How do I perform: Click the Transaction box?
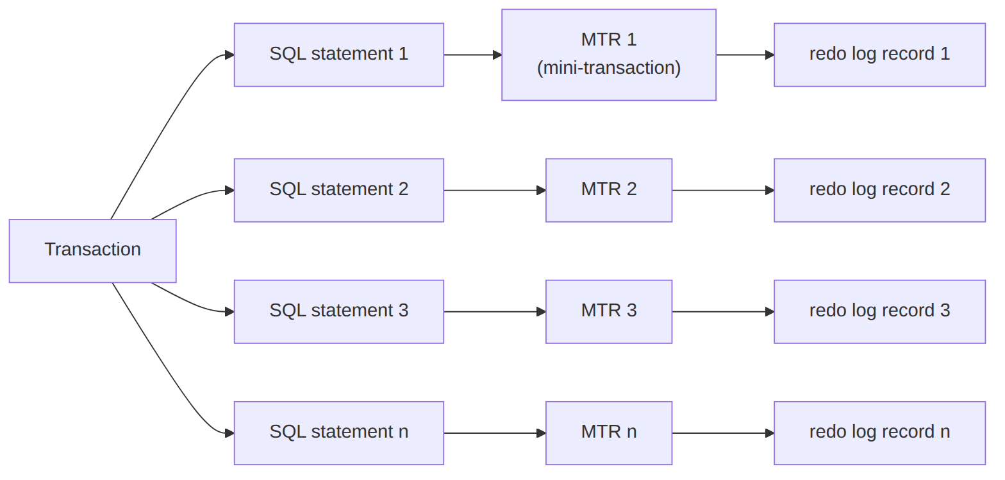(92, 251)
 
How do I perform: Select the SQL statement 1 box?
(338, 55)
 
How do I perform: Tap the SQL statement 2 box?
(338, 191)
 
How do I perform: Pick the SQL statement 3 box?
(338, 312)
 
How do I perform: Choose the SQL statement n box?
(338, 433)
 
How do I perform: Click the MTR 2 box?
(609, 191)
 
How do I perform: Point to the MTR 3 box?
(609, 312)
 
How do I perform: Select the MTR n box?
(609, 433)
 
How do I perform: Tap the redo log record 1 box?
(880, 55)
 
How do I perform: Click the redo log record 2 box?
(880, 191)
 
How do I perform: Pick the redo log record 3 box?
(880, 312)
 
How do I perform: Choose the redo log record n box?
(880, 433)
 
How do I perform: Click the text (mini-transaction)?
(609, 68)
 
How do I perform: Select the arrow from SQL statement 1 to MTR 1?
(473, 55)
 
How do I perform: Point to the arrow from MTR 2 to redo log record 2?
(723, 191)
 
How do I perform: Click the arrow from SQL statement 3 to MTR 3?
(495, 312)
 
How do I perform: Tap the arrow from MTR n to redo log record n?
(723, 433)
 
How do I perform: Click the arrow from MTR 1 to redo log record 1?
(745, 55)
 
